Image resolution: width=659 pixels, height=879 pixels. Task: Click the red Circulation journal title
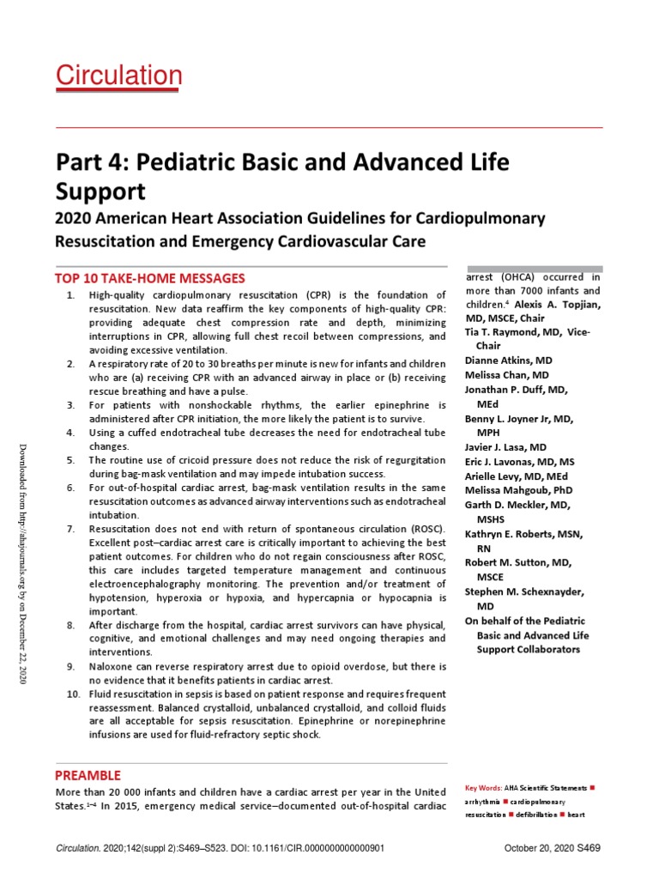click(118, 76)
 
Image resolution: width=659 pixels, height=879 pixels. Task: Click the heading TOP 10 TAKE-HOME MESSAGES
click(150, 278)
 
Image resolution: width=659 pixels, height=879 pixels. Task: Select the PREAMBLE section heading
click(88, 775)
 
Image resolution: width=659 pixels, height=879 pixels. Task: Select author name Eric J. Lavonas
click(507, 462)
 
